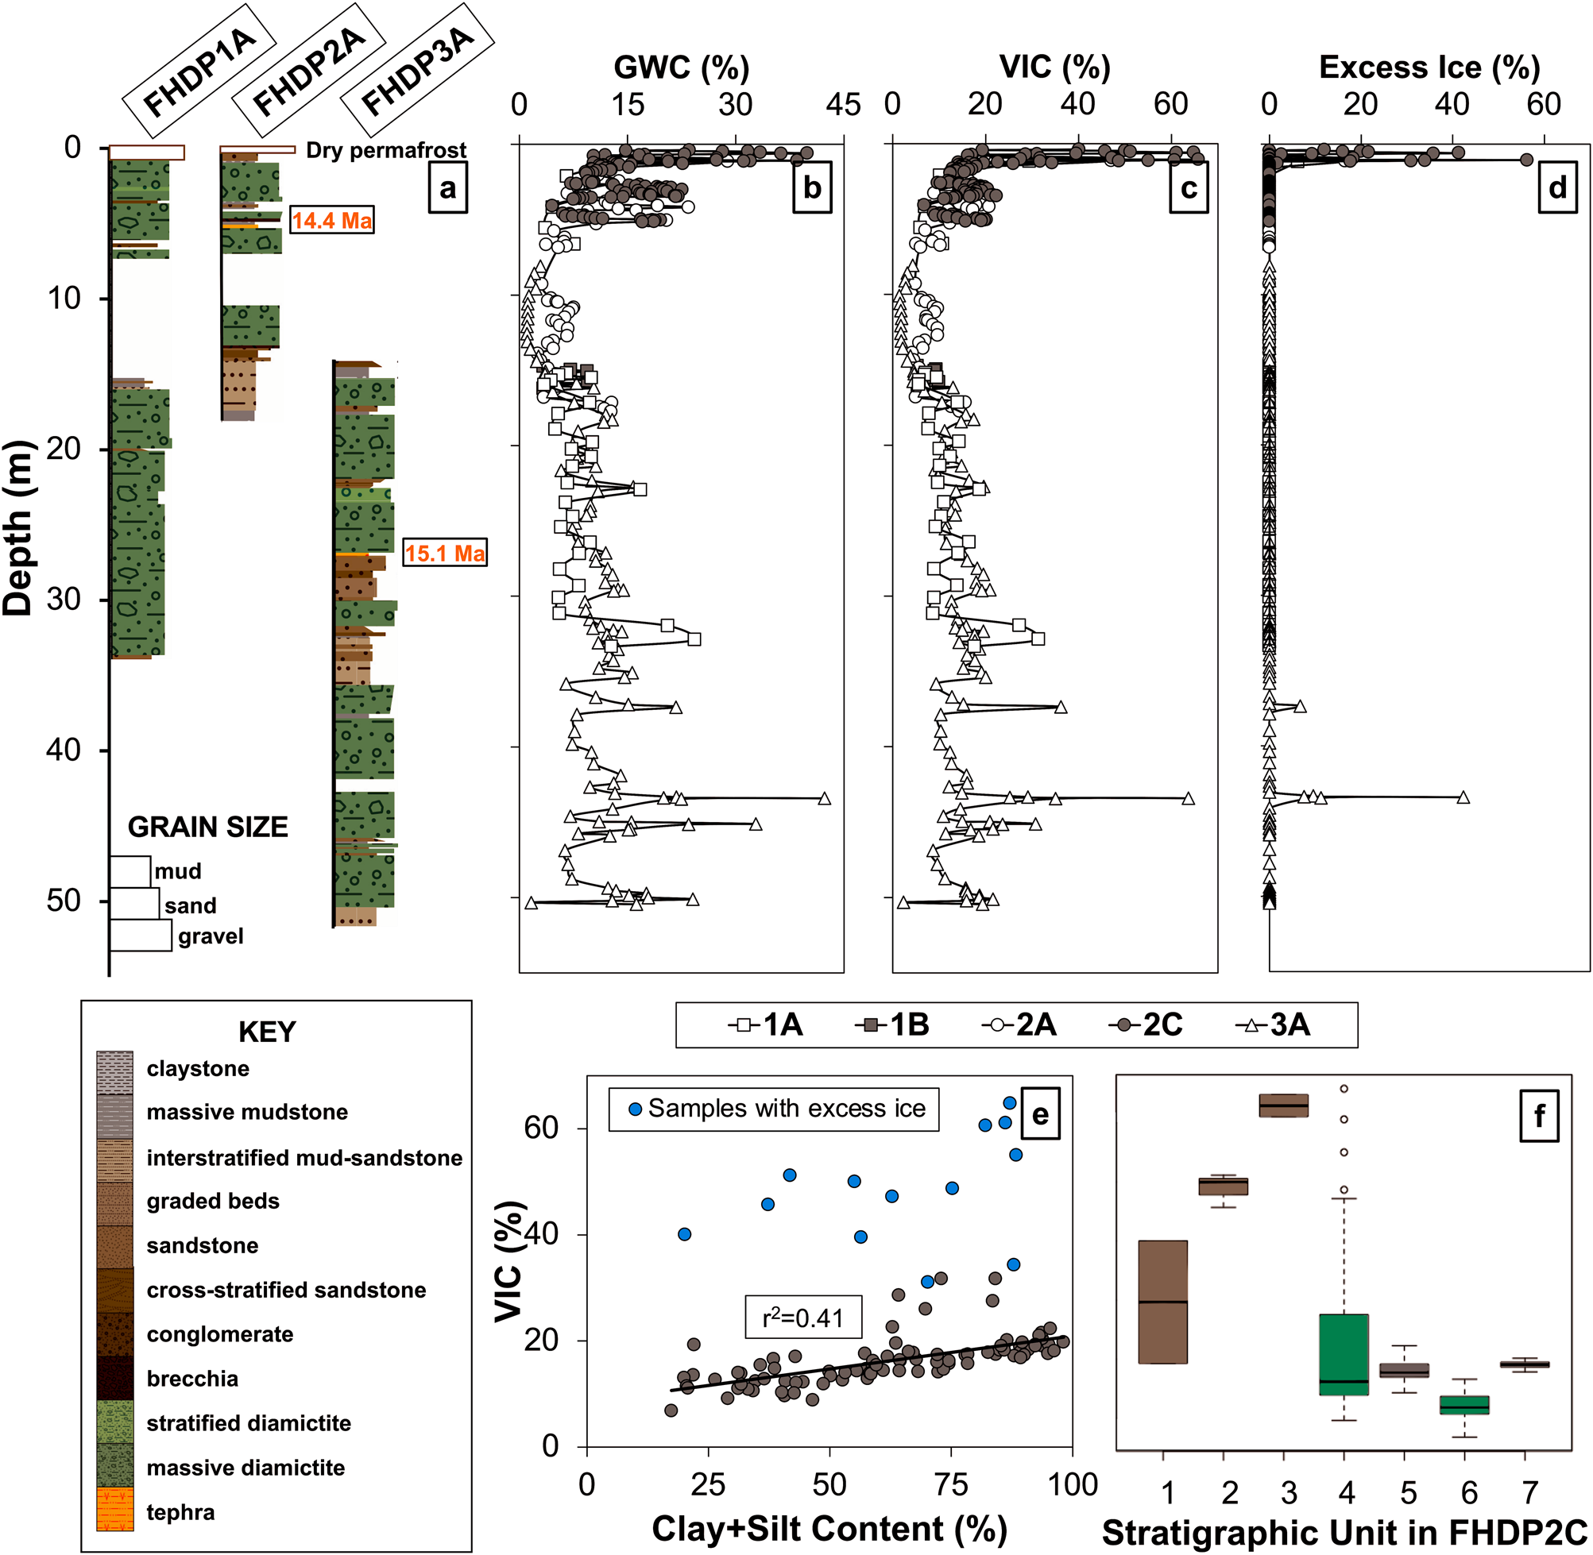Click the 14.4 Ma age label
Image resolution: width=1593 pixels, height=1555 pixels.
(x=331, y=220)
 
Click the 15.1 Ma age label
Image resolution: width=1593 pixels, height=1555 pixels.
(x=444, y=553)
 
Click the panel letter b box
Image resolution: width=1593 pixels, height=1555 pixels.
(x=812, y=188)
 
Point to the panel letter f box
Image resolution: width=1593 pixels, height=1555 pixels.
(x=1539, y=1116)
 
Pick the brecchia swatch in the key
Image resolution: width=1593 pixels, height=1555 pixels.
(x=114, y=1379)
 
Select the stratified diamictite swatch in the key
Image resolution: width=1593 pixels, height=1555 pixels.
(x=114, y=1422)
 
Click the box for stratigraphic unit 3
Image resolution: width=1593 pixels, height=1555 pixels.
(x=1283, y=1105)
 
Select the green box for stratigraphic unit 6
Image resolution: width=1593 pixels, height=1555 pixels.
(x=1464, y=1405)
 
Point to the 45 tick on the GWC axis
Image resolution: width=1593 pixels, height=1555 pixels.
(x=843, y=105)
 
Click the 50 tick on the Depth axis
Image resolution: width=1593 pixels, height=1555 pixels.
(x=64, y=900)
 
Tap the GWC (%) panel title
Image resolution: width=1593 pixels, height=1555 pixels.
(x=682, y=67)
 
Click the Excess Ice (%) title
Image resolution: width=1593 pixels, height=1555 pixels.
(x=1429, y=67)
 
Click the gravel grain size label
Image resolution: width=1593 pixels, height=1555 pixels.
(x=211, y=936)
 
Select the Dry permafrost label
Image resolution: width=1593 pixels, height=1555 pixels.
(x=385, y=150)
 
